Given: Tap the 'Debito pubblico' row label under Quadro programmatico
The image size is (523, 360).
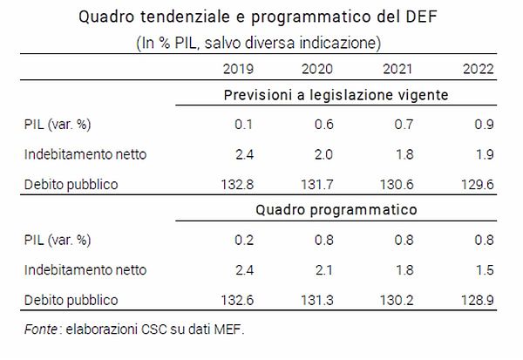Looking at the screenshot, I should point(71,300).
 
